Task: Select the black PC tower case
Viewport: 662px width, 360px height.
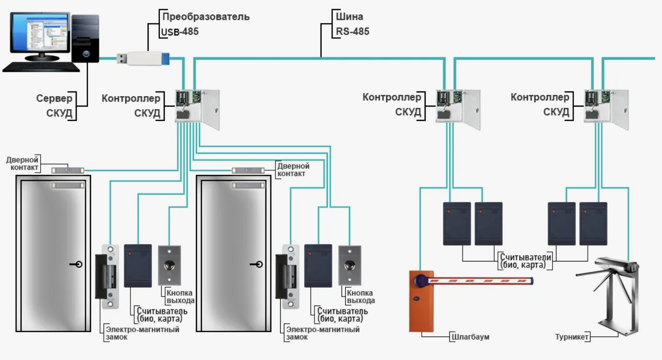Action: tap(85, 38)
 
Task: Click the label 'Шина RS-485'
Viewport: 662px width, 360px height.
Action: tap(352, 24)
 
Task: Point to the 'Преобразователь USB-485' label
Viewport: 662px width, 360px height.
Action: tap(205, 24)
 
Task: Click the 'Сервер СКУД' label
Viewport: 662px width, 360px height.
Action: tap(54, 106)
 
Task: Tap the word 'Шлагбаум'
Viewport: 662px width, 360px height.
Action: tap(470, 337)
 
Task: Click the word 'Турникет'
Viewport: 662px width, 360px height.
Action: tap(571, 337)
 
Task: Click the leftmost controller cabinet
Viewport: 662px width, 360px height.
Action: tap(197, 109)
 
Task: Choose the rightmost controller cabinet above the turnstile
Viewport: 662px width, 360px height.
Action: tap(606, 109)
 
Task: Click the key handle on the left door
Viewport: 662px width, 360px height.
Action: tap(77, 264)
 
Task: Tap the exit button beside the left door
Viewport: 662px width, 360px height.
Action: tap(169, 265)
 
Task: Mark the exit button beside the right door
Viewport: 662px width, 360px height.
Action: tap(350, 265)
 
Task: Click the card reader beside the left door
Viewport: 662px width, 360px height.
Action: tap(138, 265)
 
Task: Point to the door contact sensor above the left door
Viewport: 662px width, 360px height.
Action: tap(68, 171)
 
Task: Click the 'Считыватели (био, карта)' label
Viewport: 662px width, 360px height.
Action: tap(525, 261)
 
